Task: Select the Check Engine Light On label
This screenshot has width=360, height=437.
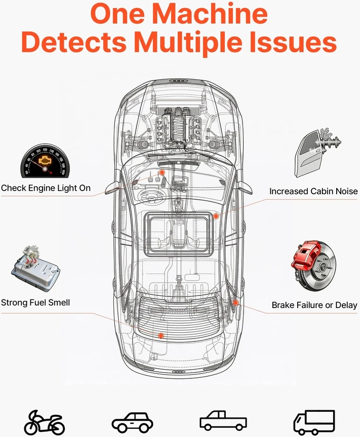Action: tap(46, 188)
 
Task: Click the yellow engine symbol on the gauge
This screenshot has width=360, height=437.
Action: tap(44, 160)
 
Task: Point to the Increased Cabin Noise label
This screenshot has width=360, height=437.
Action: tap(313, 191)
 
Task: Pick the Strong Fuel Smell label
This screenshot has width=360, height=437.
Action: tap(35, 302)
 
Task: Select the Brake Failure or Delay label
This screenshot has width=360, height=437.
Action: tap(314, 305)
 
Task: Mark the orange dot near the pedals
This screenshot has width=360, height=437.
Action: tap(162, 173)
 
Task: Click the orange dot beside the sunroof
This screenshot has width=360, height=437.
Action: tap(216, 216)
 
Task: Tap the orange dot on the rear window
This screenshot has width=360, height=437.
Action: tap(161, 335)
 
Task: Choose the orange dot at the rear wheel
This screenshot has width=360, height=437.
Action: tap(235, 302)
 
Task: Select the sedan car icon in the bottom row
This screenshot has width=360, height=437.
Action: tap(132, 422)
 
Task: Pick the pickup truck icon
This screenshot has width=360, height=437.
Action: tap(223, 420)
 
